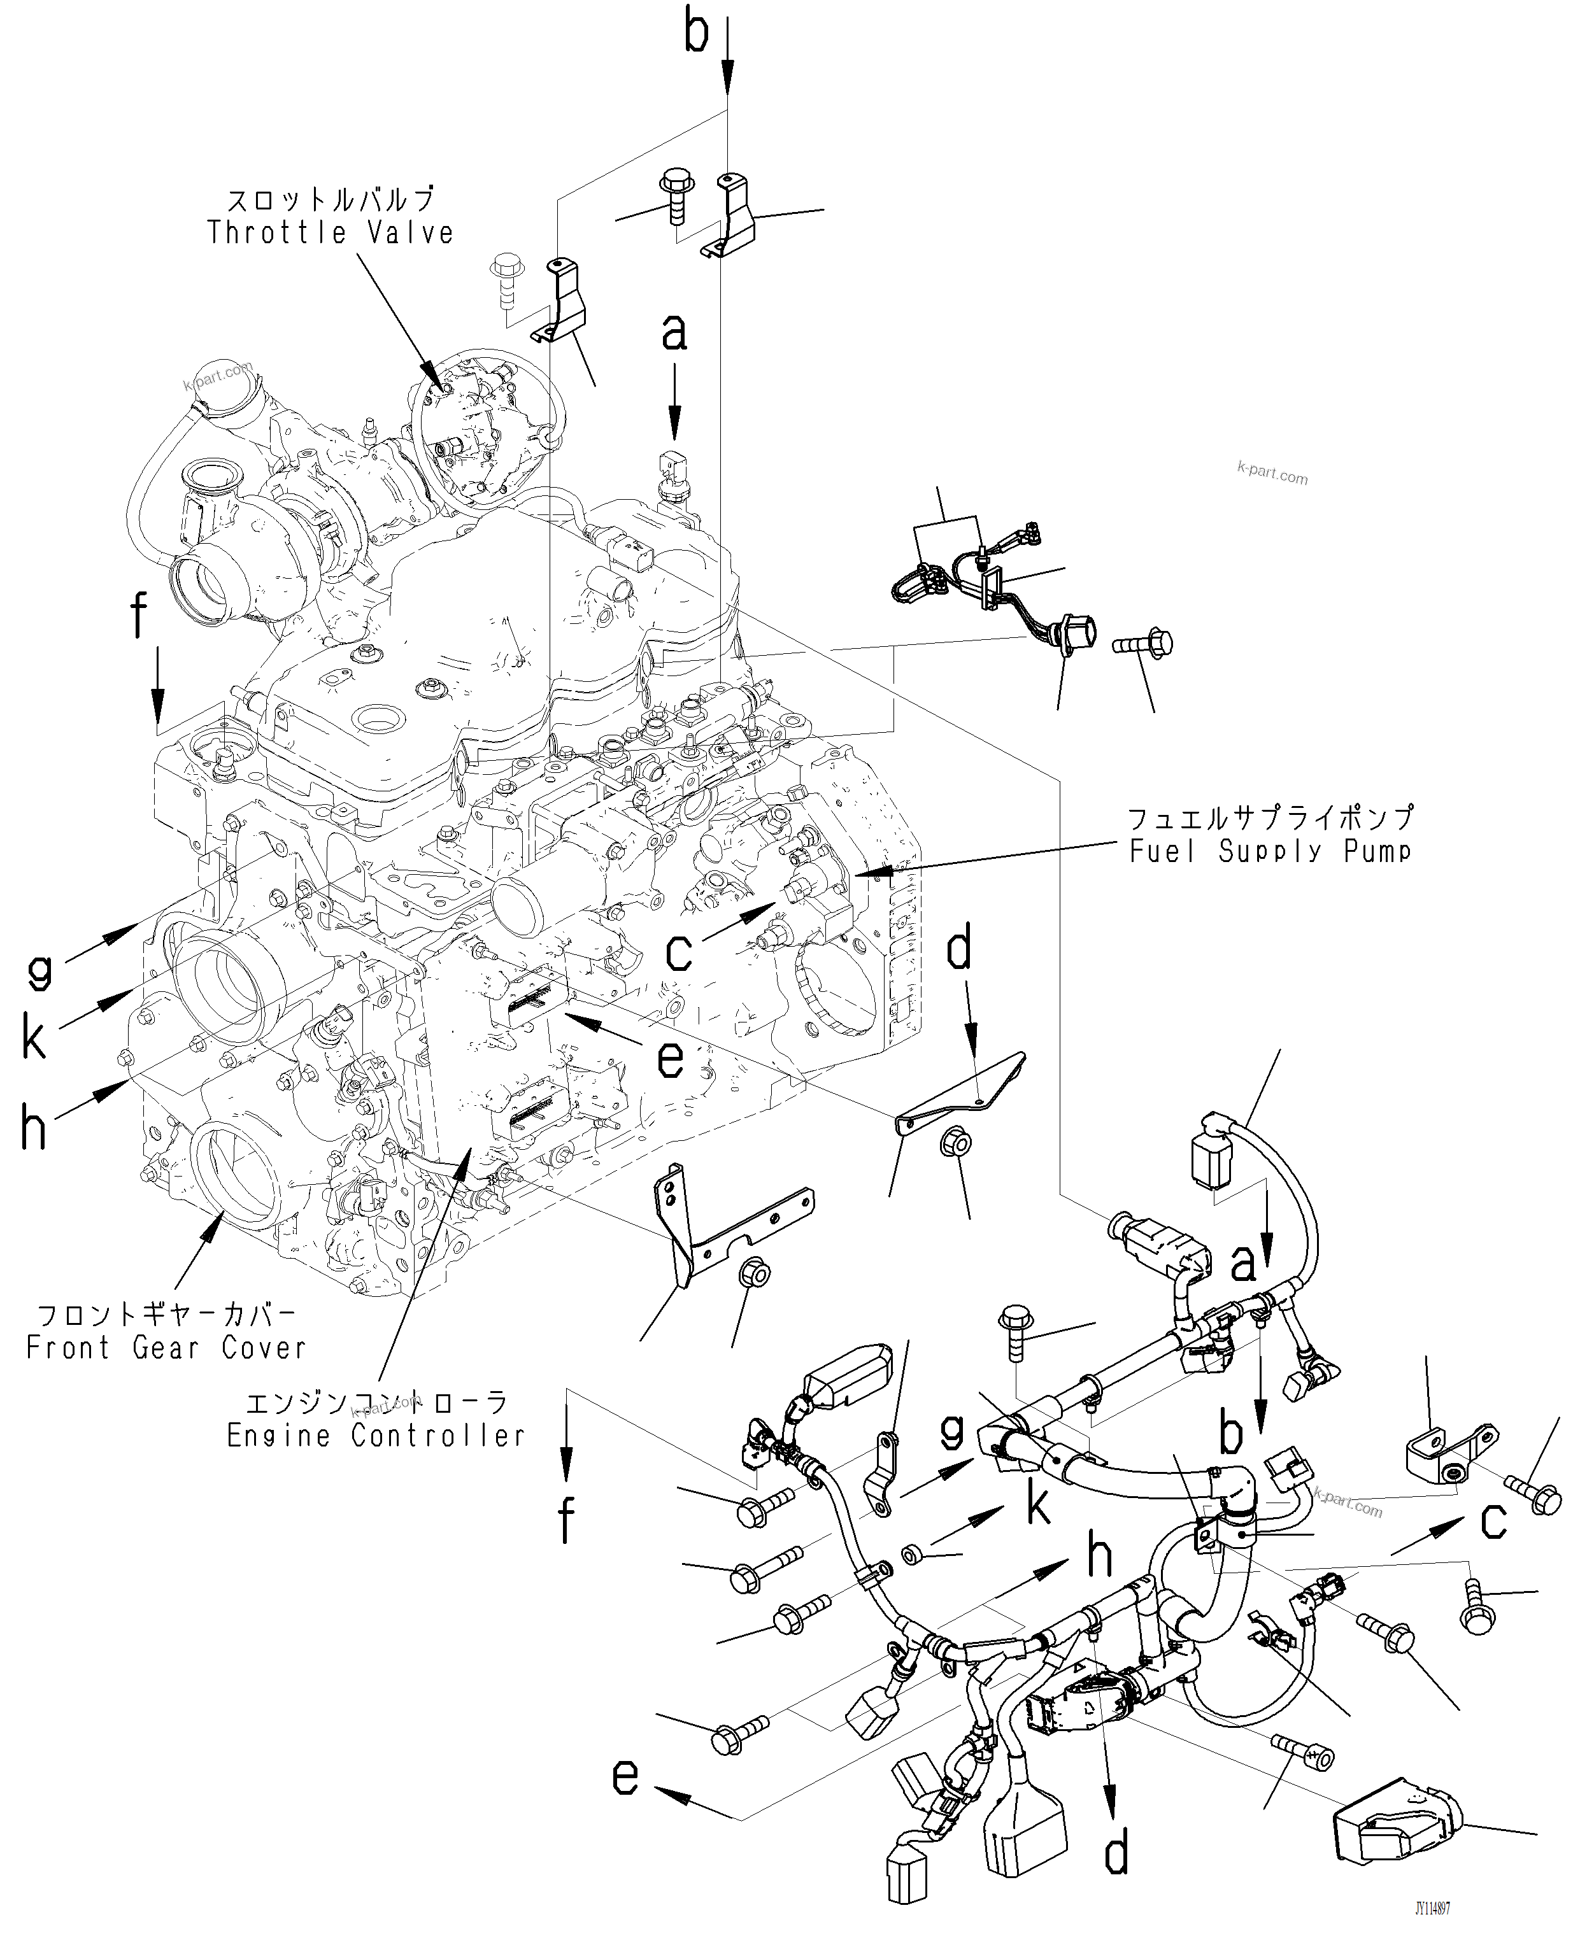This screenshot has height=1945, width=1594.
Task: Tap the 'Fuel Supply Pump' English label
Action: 1270,852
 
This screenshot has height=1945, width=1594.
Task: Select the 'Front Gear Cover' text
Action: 166,1348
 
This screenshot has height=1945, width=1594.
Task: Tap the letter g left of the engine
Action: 39,970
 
